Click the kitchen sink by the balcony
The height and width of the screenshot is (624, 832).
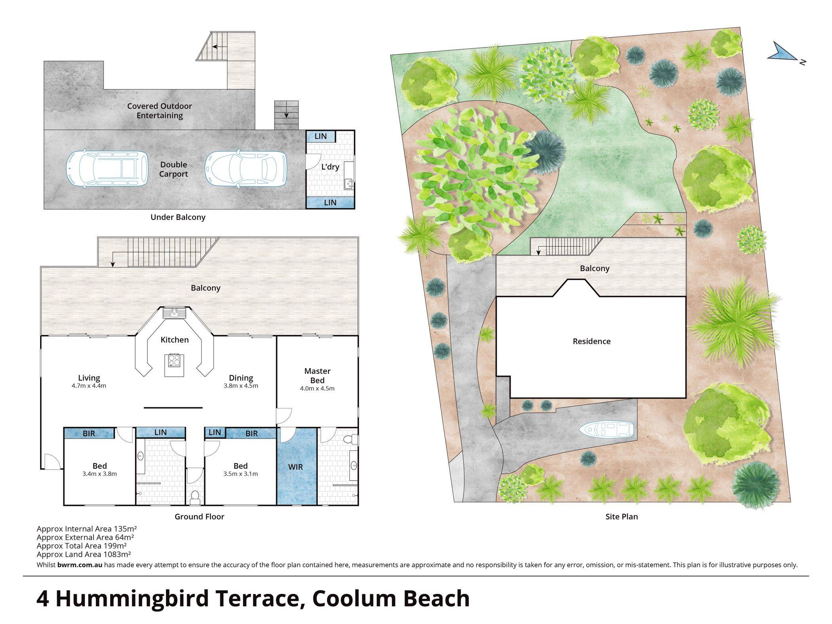tap(174, 313)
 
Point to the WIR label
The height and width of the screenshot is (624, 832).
tap(296, 467)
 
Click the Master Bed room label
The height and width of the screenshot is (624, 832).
tap(317, 376)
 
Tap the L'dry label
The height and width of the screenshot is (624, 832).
tap(330, 167)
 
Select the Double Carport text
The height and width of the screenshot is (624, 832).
tap(174, 170)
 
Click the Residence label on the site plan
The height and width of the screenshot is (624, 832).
tap(592, 341)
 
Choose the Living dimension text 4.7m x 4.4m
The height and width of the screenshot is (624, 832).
tap(89, 385)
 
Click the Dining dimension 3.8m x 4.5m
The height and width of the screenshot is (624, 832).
tap(241, 385)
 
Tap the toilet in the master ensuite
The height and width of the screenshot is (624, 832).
tap(351, 439)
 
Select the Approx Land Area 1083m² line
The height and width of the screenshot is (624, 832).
tap(84, 555)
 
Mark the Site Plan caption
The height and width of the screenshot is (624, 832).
tap(622, 517)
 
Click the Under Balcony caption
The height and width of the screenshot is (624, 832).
tap(178, 217)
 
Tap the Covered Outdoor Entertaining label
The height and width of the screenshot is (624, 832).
tap(160, 111)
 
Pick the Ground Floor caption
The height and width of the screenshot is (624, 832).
tap(199, 517)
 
